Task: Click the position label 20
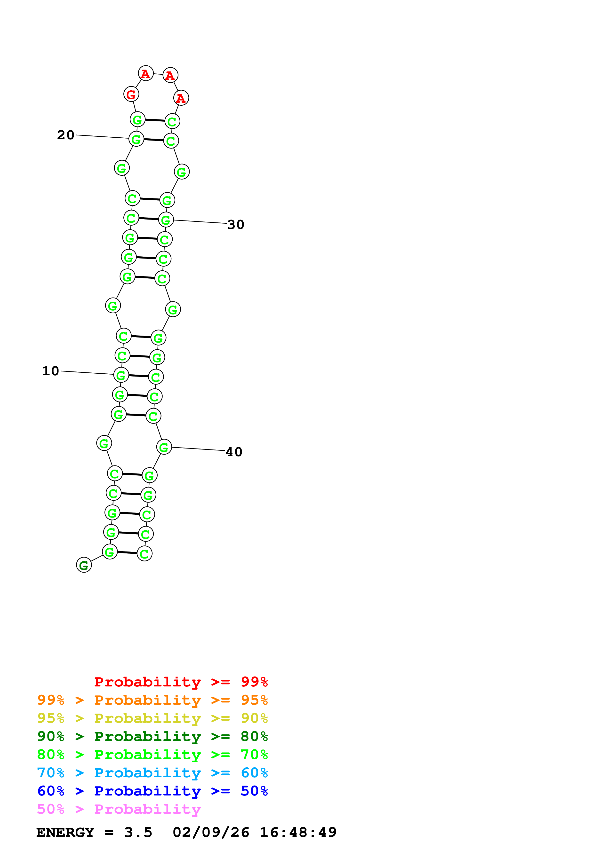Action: [x=65, y=135]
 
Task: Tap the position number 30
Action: [x=235, y=225]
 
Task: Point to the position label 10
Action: [x=50, y=371]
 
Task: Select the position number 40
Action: [x=234, y=452]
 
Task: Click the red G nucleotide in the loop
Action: [x=131, y=94]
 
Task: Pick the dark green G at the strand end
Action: [x=84, y=565]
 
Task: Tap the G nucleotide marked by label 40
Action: [x=164, y=447]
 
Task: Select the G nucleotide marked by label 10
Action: [x=121, y=375]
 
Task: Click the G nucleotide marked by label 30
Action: [x=166, y=220]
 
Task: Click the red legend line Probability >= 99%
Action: [x=181, y=682]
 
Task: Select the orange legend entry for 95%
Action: [x=152, y=700]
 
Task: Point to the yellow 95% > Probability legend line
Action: [x=152, y=718]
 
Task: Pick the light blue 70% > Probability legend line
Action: [x=152, y=773]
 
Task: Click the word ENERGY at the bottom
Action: [x=65, y=832]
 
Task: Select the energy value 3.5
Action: [x=138, y=832]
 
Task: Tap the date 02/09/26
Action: [x=211, y=832]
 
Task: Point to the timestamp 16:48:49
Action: [x=298, y=832]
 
